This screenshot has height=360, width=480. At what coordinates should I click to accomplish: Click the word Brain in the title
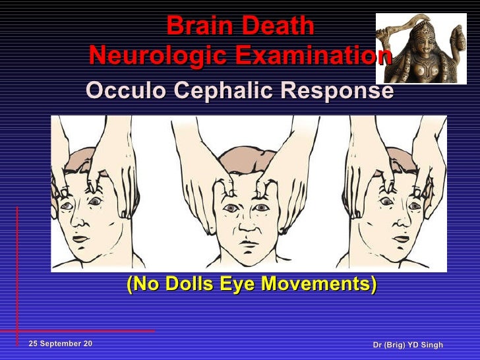coord(199,27)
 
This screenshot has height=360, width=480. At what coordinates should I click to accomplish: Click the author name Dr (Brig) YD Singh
coord(407,345)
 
